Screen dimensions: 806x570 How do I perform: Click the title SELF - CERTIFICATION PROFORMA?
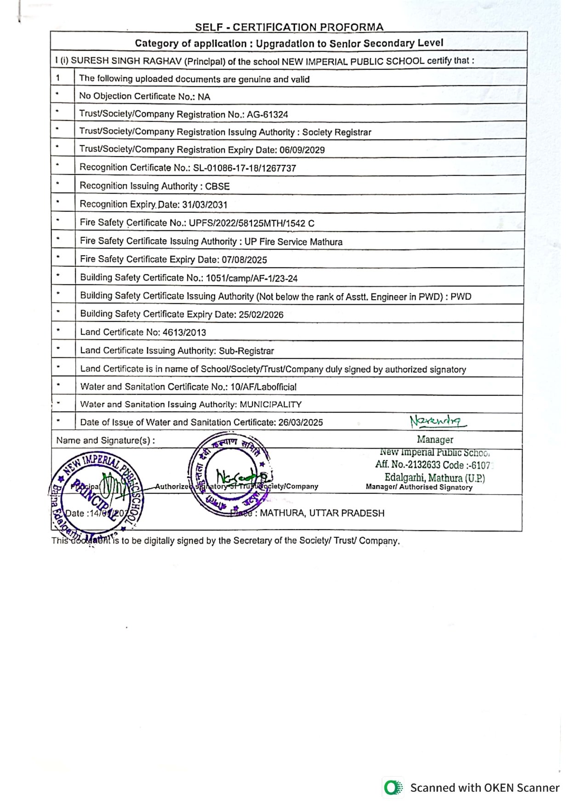point(289,27)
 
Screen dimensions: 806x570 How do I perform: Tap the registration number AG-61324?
point(268,114)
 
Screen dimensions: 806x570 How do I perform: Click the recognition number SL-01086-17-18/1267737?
point(245,168)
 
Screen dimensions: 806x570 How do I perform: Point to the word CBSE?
point(217,186)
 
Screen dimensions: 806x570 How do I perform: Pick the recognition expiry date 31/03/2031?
point(205,205)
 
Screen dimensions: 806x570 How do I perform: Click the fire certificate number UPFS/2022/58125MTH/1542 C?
point(252,223)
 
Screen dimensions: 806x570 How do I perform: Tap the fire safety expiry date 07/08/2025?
point(244,260)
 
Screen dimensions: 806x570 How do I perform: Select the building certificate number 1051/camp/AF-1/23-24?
point(251,278)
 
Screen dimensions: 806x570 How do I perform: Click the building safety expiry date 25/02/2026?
point(261,315)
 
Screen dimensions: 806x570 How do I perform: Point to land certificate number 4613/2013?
point(184,333)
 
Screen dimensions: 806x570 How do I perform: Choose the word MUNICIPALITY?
point(271,405)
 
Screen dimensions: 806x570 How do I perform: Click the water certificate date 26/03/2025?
point(301,423)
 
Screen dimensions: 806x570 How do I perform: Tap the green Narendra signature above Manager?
point(437,421)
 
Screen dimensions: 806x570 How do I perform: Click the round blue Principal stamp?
point(97,495)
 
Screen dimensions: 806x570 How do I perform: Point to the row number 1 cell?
point(58,78)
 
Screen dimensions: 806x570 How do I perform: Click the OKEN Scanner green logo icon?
point(392,788)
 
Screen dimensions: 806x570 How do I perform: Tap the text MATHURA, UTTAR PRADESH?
point(322,513)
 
